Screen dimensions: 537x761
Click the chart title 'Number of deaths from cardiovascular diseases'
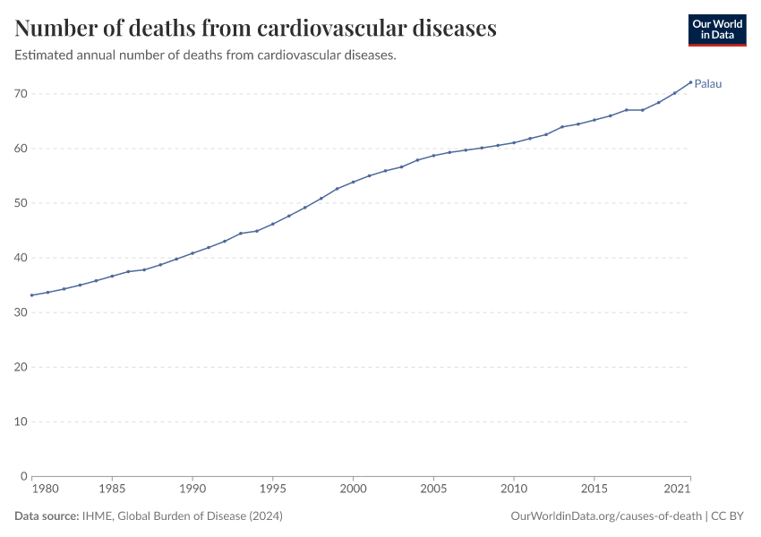pos(256,29)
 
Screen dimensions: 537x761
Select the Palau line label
pos(708,84)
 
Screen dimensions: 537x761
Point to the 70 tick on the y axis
pos(21,94)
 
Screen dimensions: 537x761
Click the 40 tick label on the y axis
pos(21,258)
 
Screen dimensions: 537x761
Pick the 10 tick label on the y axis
pos(21,422)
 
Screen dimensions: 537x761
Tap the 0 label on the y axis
pos(24,476)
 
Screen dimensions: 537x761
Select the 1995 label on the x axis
pos(273,490)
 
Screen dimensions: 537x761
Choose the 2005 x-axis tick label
pos(433,490)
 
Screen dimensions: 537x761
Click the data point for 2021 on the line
pos(690,82)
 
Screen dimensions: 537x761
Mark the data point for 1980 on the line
pos(32,295)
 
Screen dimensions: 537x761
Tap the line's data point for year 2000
pos(353,182)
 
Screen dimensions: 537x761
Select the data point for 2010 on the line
pos(514,142)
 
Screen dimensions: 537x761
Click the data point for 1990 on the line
pos(192,253)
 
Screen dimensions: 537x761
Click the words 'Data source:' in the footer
pos(46,516)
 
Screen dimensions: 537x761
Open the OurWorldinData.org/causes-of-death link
pos(605,516)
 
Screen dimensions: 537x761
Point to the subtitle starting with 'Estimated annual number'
pos(206,55)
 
